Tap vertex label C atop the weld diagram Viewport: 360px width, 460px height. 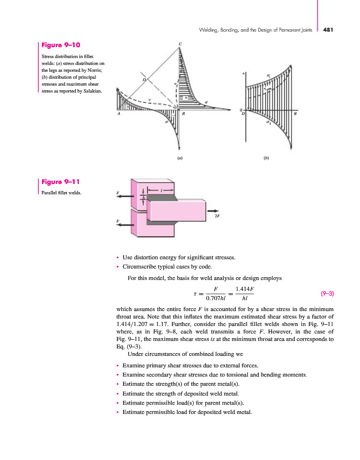pos(180,44)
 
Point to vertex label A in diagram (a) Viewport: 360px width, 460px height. pos(119,114)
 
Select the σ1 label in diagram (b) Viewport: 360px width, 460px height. pos(269,74)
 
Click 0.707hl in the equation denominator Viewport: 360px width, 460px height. pos(216,298)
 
